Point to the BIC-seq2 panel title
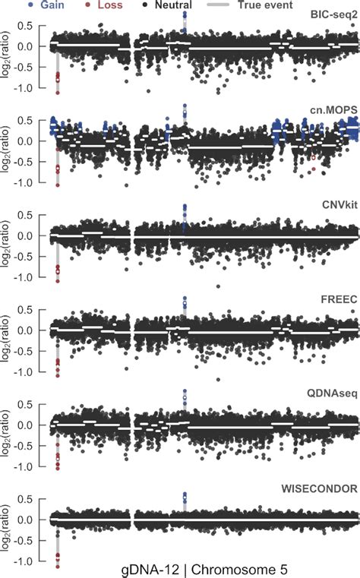pos(332,15)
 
